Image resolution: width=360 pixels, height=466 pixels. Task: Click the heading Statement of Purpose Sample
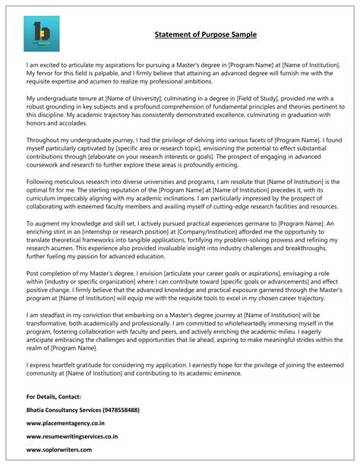coord(205,35)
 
